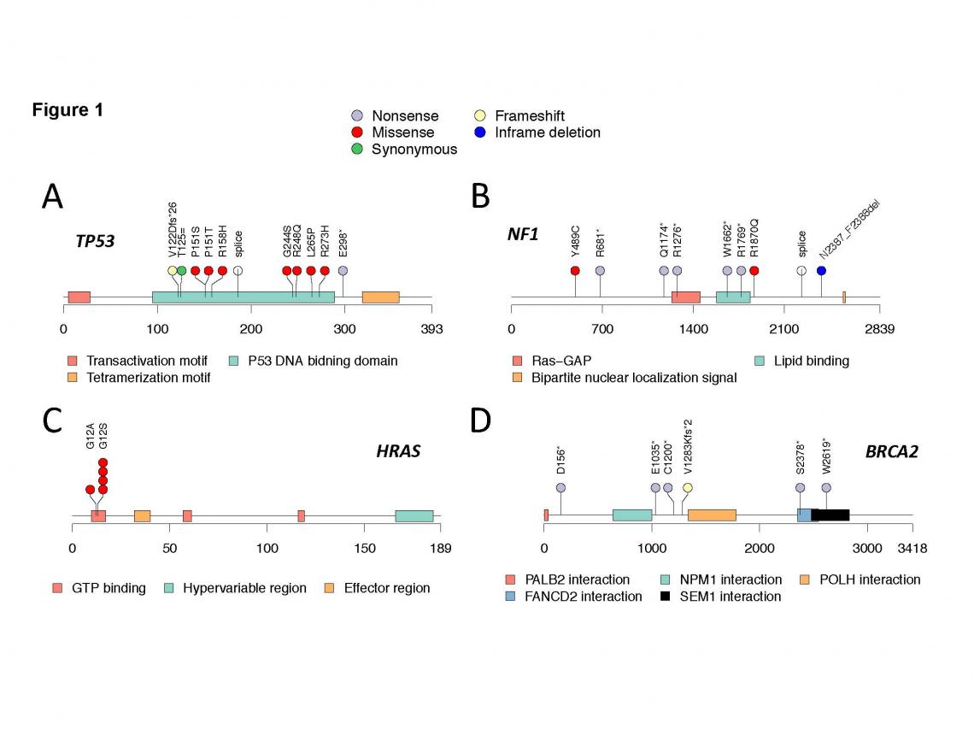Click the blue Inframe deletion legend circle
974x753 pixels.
(x=479, y=132)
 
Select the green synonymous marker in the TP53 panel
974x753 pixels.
(x=181, y=271)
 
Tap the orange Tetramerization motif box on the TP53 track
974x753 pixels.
(x=380, y=297)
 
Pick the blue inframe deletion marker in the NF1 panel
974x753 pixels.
(x=821, y=271)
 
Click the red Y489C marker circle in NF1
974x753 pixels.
(x=575, y=271)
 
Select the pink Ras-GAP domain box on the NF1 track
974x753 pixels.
(x=685, y=297)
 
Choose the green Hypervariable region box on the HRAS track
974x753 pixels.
(x=414, y=516)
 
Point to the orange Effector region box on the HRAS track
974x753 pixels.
(x=142, y=516)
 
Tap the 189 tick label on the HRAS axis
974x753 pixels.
(x=440, y=547)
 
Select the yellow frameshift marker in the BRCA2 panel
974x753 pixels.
(x=687, y=488)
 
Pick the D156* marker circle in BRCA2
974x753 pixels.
(x=560, y=488)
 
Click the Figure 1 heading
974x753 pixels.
(x=67, y=110)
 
